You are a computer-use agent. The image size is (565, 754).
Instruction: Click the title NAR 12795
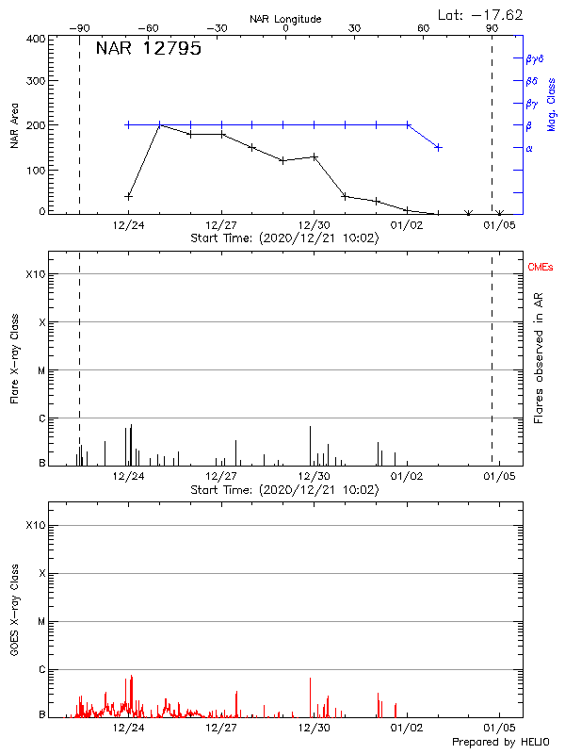(x=148, y=49)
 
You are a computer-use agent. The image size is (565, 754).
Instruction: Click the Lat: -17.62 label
(x=481, y=14)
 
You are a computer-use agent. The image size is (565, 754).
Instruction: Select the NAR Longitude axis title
(x=285, y=19)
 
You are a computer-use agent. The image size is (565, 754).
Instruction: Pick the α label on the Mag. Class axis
(x=528, y=148)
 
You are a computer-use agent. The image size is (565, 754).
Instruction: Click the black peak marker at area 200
(x=160, y=124)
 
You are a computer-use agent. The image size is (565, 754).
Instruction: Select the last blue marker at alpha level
(x=438, y=147)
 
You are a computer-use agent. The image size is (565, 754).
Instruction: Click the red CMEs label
(x=541, y=268)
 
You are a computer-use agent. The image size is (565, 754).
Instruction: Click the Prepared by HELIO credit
(x=500, y=743)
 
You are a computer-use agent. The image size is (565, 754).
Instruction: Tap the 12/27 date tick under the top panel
(x=220, y=225)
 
